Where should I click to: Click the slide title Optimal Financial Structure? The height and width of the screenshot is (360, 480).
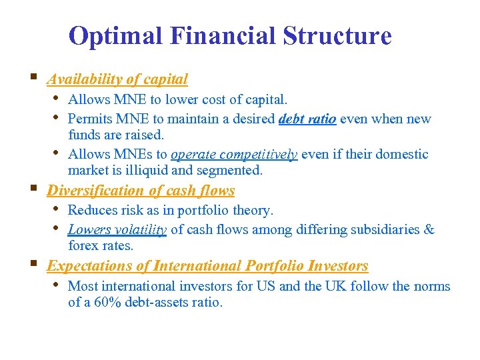tap(230, 36)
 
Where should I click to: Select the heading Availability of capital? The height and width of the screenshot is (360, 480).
tap(117, 79)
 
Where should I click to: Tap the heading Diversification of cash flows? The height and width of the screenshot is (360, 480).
tap(141, 191)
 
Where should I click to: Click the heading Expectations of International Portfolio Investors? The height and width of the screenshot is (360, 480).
tap(207, 266)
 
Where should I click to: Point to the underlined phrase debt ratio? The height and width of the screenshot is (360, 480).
tap(307, 119)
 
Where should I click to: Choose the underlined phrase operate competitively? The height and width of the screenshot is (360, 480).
tap(234, 155)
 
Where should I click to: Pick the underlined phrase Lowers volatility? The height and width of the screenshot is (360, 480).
tap(117, 230)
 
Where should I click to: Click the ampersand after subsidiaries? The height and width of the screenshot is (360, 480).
tap(429, 230)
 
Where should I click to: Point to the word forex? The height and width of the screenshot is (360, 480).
tap(83, 246)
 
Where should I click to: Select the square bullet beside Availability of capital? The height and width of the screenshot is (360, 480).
tap(33, 78)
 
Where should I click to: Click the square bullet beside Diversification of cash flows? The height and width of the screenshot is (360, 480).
tap(33, 189)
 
